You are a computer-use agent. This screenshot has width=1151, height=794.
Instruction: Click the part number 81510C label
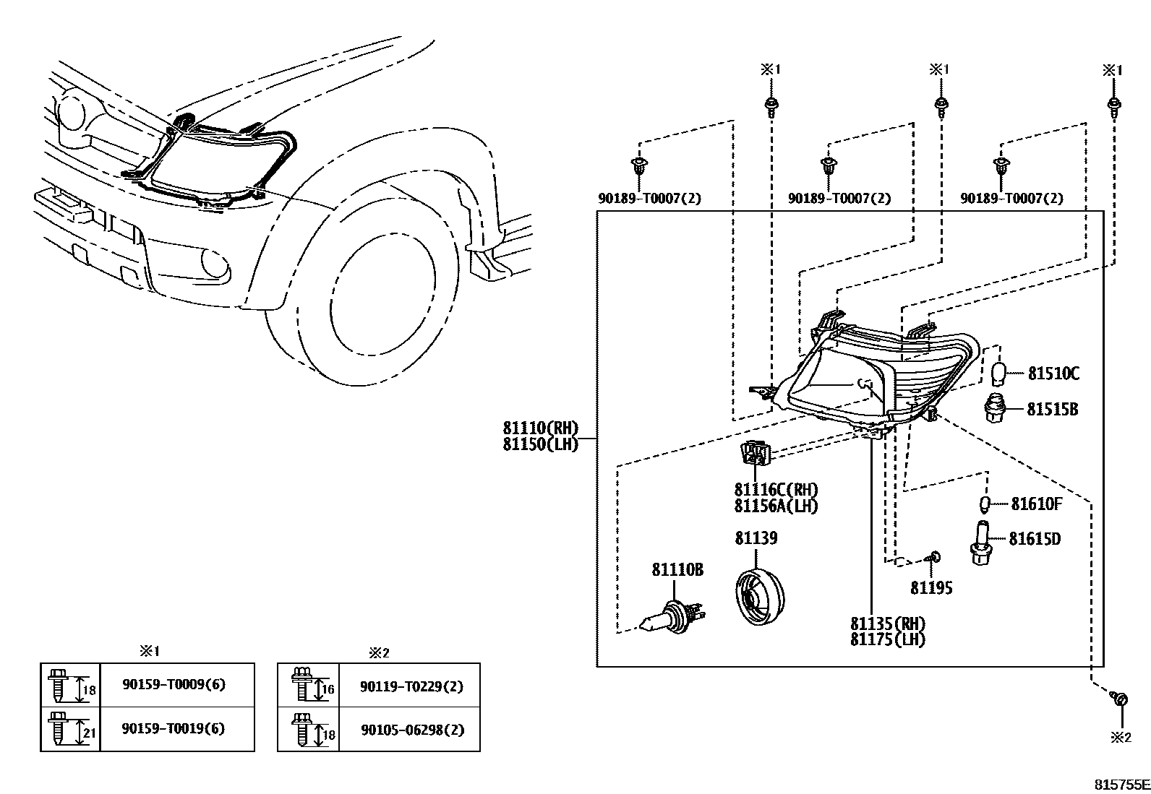coord(1053,374)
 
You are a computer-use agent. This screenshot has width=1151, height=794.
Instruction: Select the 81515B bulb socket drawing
coord(998,408)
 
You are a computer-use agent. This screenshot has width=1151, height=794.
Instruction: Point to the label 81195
coord(930,588)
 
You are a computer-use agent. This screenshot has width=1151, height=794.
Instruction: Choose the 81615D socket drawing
coord(981,543)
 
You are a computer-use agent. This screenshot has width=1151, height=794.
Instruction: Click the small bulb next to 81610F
coord(984,504)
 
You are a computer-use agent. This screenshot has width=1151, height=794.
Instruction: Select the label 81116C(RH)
coord(776,491)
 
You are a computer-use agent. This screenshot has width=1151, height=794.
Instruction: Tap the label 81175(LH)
coord(887,639)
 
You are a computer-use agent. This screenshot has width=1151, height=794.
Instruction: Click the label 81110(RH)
coord(541,428)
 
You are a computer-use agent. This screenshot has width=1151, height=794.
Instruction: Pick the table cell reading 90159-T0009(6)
coord(174,684)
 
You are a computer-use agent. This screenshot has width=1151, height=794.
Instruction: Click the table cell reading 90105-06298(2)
coord(411,730)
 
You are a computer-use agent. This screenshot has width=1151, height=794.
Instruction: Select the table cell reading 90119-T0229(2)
coord(411,686)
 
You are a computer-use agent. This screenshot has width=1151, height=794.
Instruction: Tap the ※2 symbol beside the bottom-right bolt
coord(1120,737)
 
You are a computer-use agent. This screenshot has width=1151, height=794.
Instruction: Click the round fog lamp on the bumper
coord(215,263)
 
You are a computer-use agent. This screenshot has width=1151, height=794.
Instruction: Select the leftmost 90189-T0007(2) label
coord(649,198)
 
